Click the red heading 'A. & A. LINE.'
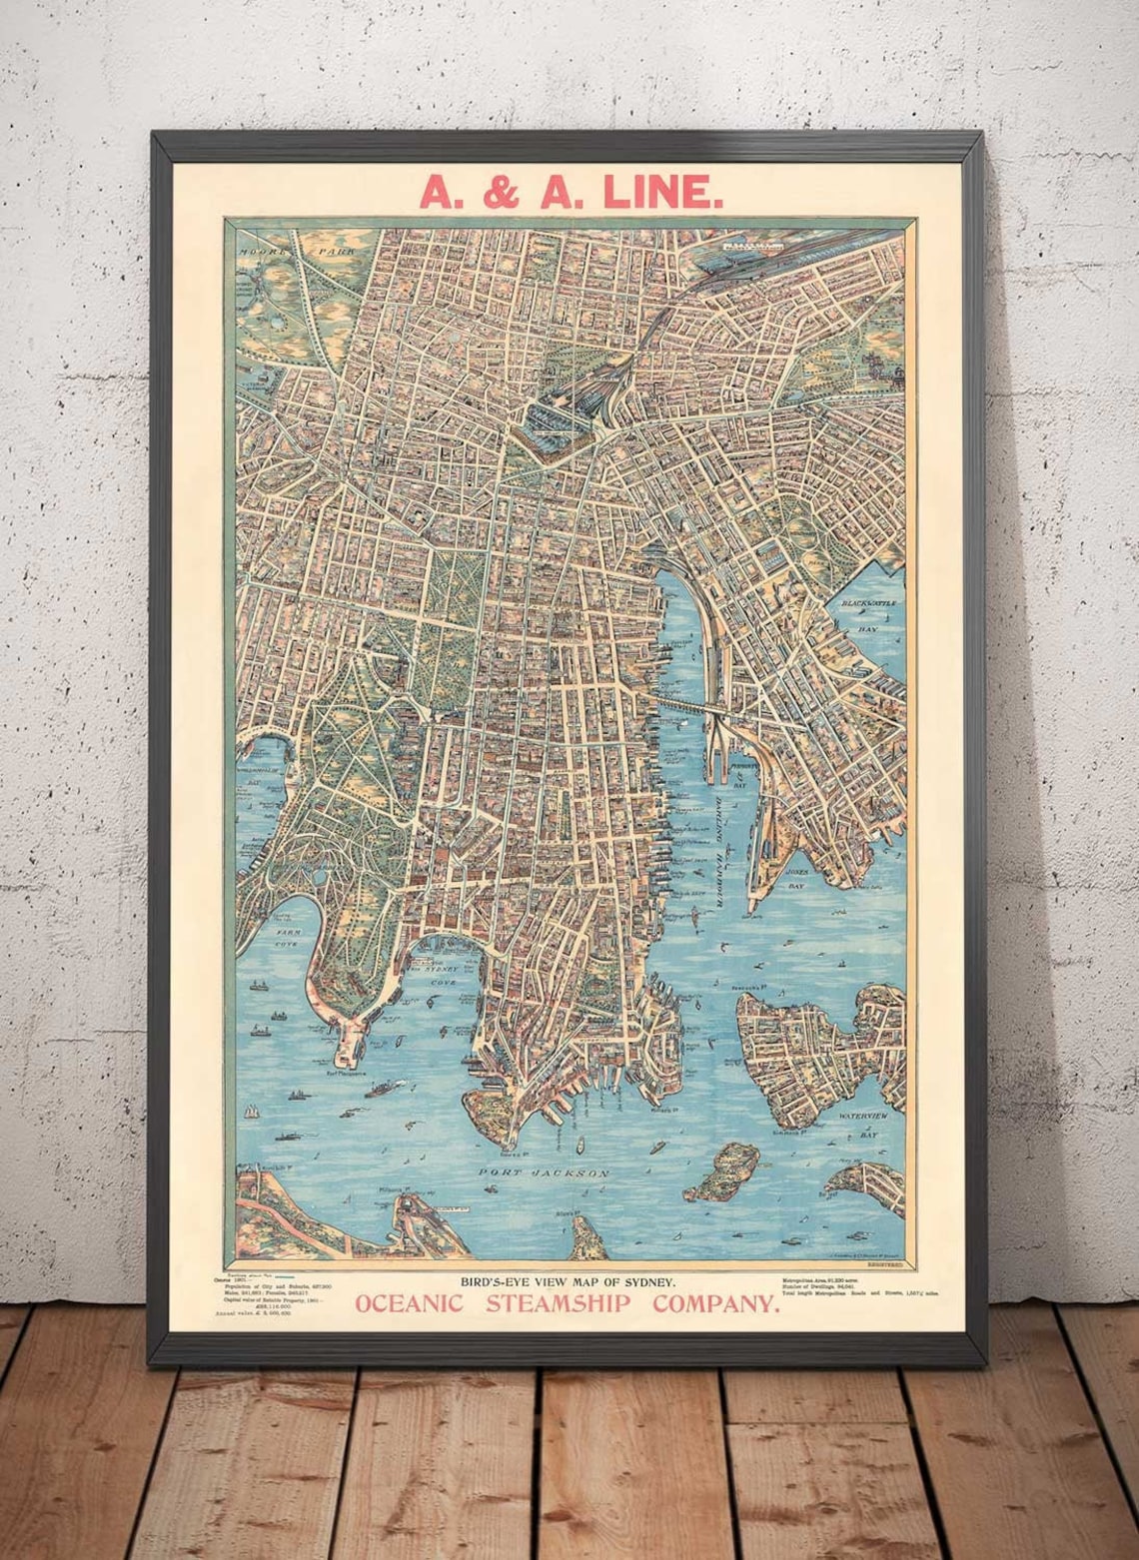570,191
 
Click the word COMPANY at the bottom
715,1303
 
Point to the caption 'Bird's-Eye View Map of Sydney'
568,1281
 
